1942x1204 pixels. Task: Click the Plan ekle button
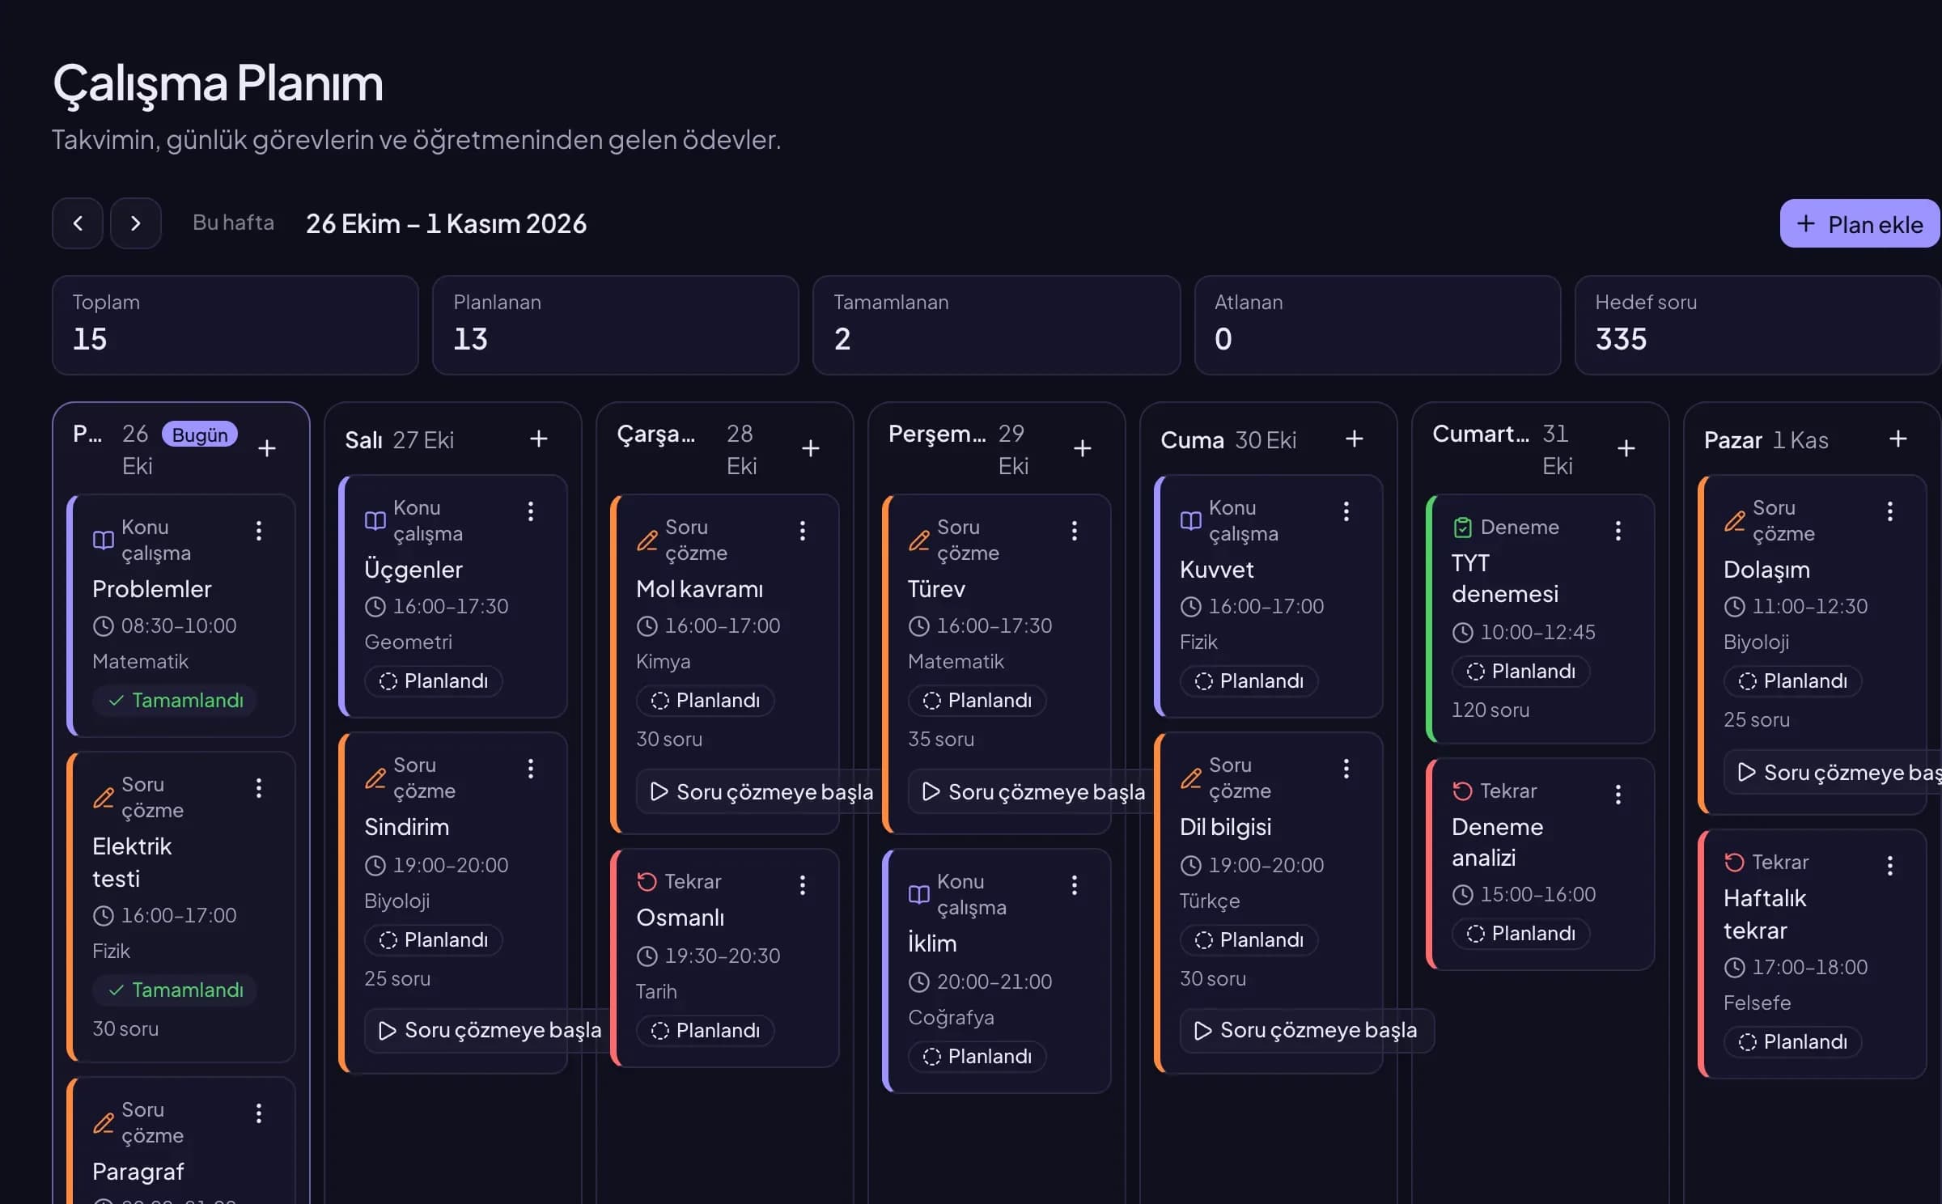click(1859, 223)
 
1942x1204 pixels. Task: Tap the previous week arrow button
click(78, 223)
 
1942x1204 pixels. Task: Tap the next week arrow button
click(136, 223)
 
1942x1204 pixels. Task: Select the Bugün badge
click(200, 435)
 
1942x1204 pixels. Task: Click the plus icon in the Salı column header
click(539, 439)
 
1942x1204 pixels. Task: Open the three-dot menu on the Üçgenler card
click(531, 511)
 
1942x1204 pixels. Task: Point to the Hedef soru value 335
click(1621, 338)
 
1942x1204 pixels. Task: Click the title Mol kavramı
click(699, 589)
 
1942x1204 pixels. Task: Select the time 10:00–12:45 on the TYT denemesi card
click(1537, 632)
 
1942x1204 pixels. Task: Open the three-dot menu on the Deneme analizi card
click(1618, 795)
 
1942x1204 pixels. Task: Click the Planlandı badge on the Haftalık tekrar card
click(1793, 1042)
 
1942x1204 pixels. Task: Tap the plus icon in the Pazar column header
click(1898, 439)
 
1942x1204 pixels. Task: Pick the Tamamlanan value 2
click(842, 338)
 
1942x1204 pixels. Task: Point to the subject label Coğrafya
click(951, 1017)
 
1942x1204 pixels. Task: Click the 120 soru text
click(1490, 710)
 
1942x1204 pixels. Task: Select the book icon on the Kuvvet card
click(1191, 520)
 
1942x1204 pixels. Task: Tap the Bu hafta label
click(233, 223)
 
